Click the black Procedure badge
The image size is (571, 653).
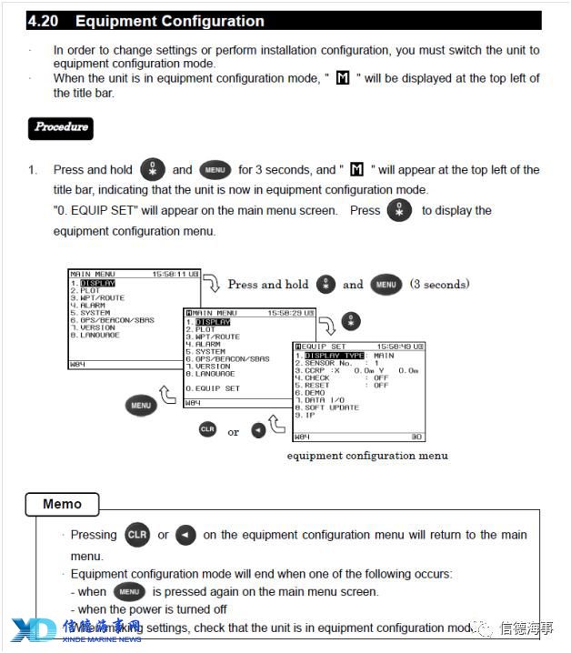click(61, 127)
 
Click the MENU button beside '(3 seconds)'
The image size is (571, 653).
click(386, 285)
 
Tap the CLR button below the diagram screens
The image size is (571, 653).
click(207, 428)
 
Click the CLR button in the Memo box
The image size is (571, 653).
click(137, 535)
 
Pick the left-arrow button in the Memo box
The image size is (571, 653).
click(185, 535)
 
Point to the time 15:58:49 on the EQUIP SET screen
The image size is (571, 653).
click(395, 347)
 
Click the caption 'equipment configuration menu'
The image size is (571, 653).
click(367, 456)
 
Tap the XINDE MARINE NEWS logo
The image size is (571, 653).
click(76, 630)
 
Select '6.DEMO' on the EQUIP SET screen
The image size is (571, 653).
click(315, 393)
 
